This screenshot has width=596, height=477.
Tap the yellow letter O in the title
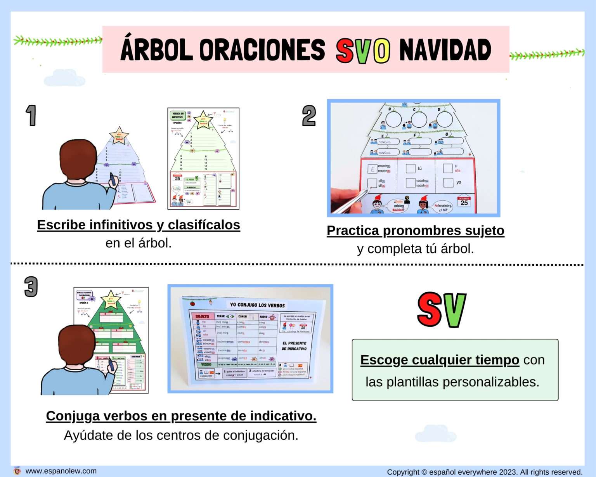382,51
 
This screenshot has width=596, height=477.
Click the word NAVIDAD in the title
445,50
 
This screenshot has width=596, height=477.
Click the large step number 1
31,116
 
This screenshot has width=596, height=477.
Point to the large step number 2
309,116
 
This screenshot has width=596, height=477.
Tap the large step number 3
31,287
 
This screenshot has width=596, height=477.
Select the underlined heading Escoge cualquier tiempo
440,360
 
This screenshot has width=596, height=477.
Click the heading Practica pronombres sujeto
415,231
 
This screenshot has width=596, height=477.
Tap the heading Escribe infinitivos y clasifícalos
139,225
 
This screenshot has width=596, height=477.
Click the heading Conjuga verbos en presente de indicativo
181,416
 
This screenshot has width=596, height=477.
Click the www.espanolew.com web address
61,471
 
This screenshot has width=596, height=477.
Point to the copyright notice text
485,472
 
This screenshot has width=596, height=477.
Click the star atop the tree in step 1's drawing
119,135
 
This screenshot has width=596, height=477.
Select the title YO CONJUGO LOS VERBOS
257,305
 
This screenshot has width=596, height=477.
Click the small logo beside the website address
17,471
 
